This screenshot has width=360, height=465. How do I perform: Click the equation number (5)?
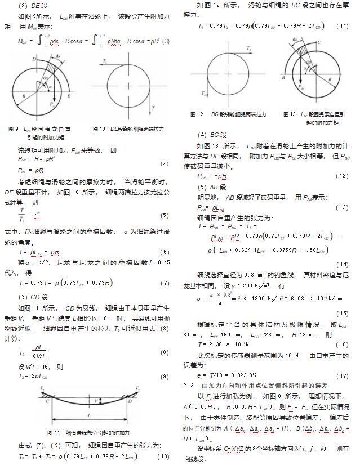pos(165,215)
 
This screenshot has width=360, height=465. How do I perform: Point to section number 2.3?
pos(188,385)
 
